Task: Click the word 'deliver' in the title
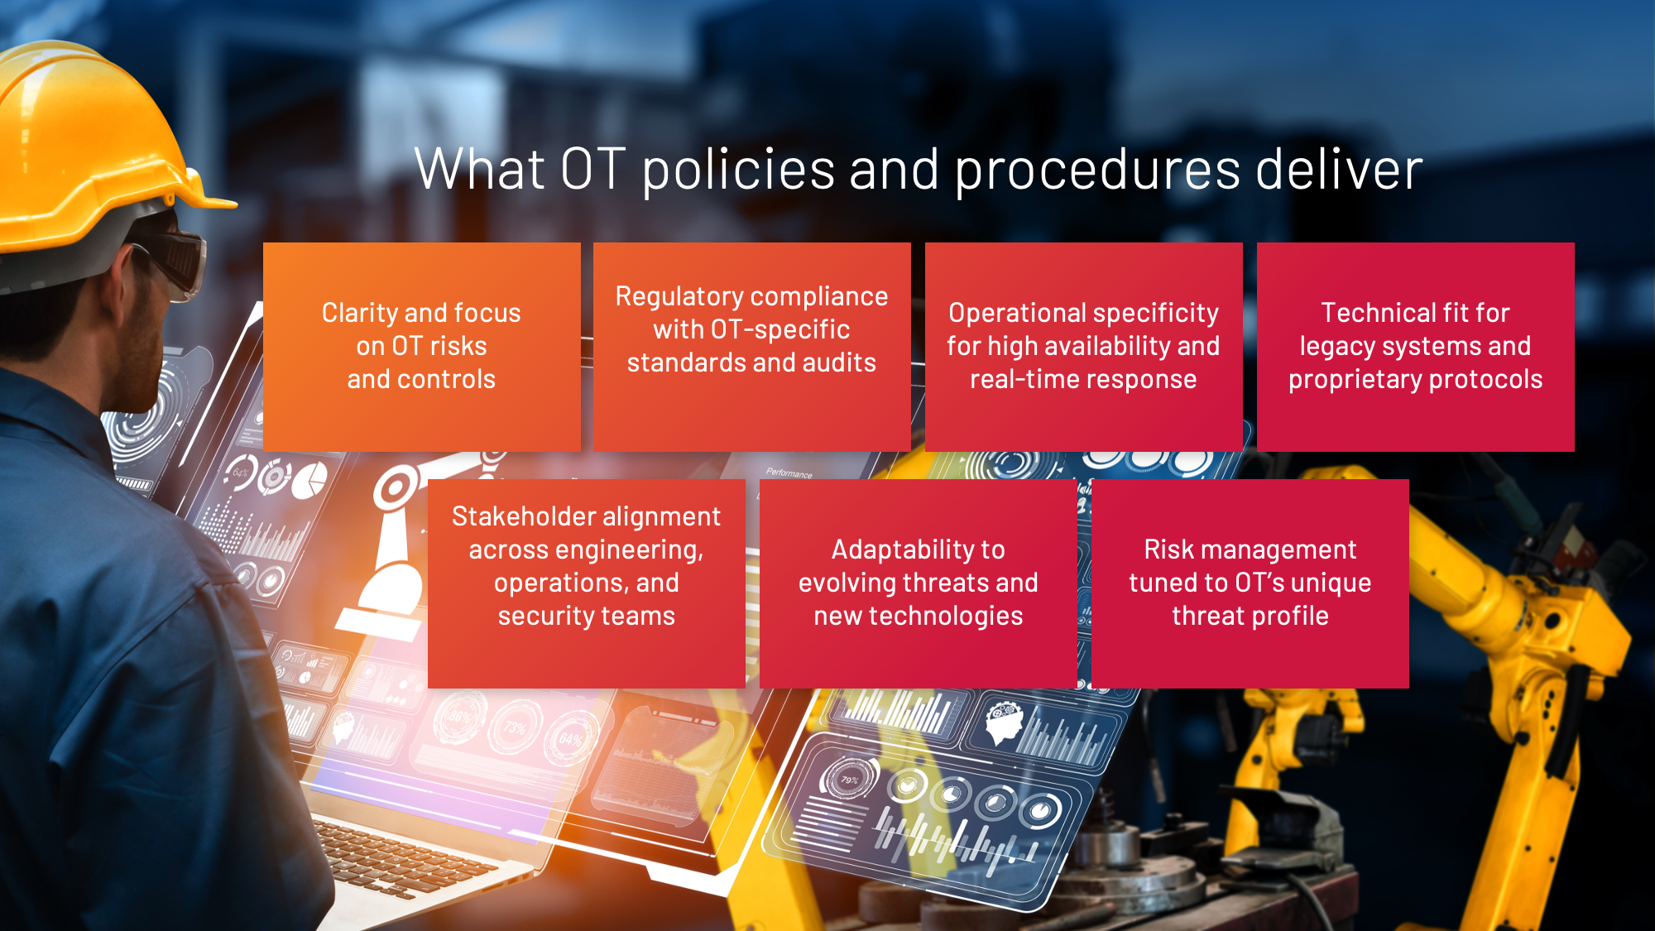[x=1338, y=170]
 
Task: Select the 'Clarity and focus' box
[x=422, y=347]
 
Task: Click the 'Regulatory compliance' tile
[x=752, y=347]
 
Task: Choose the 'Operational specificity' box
[x=1084, y=347]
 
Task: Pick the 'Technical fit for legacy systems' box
[x=1416, y=347]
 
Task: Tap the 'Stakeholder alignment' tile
[x=587, y=583]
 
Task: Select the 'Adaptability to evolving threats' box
[x=919, y=583]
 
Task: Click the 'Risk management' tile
[x=1250, y=583]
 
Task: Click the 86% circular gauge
[x=460, y=717]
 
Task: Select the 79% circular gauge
[x=849, y=780]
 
